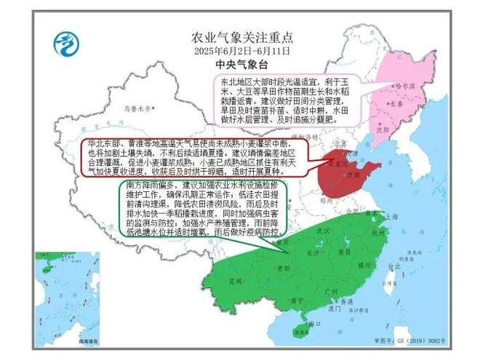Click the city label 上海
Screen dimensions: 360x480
coord(391,216)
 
